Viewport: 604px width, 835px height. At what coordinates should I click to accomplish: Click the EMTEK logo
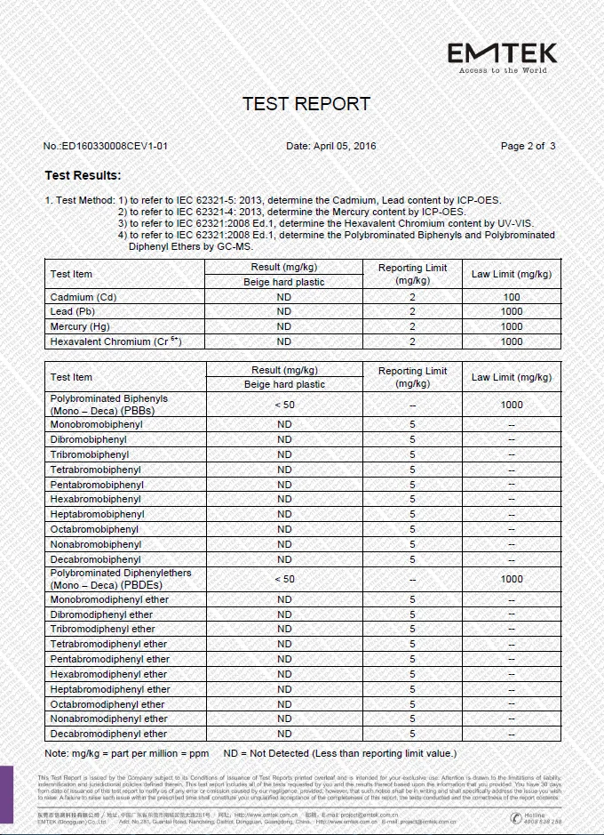coord(502,55)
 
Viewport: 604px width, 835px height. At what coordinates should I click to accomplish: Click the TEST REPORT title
coord(306,104)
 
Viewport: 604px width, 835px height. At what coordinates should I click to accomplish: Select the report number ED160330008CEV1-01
coord(106,146)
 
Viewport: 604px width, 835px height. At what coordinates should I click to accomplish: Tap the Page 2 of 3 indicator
coord(528,146)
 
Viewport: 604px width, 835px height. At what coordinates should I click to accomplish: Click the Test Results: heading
coord(83,175)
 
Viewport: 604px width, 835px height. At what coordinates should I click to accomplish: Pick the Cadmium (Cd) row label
coord(83,297)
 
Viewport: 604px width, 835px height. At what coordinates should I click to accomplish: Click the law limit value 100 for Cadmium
coord(512,297)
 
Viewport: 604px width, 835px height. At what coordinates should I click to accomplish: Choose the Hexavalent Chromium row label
coord(115,341)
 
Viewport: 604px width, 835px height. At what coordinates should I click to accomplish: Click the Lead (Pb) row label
coord(73,312)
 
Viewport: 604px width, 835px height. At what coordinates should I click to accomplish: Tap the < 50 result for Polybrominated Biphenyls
coord(284,405)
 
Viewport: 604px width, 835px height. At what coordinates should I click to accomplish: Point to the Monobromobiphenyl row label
coord(96,425)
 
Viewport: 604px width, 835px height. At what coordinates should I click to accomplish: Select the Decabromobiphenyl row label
coord(95,559)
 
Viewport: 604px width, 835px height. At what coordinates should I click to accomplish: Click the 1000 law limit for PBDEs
coord(512,579)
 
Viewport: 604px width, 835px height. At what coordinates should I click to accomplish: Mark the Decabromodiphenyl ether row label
coord(108,734)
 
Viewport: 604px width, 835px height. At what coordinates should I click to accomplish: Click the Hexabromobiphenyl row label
coord(95,500)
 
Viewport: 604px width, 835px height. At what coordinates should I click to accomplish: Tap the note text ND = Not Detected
coord(340,754)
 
